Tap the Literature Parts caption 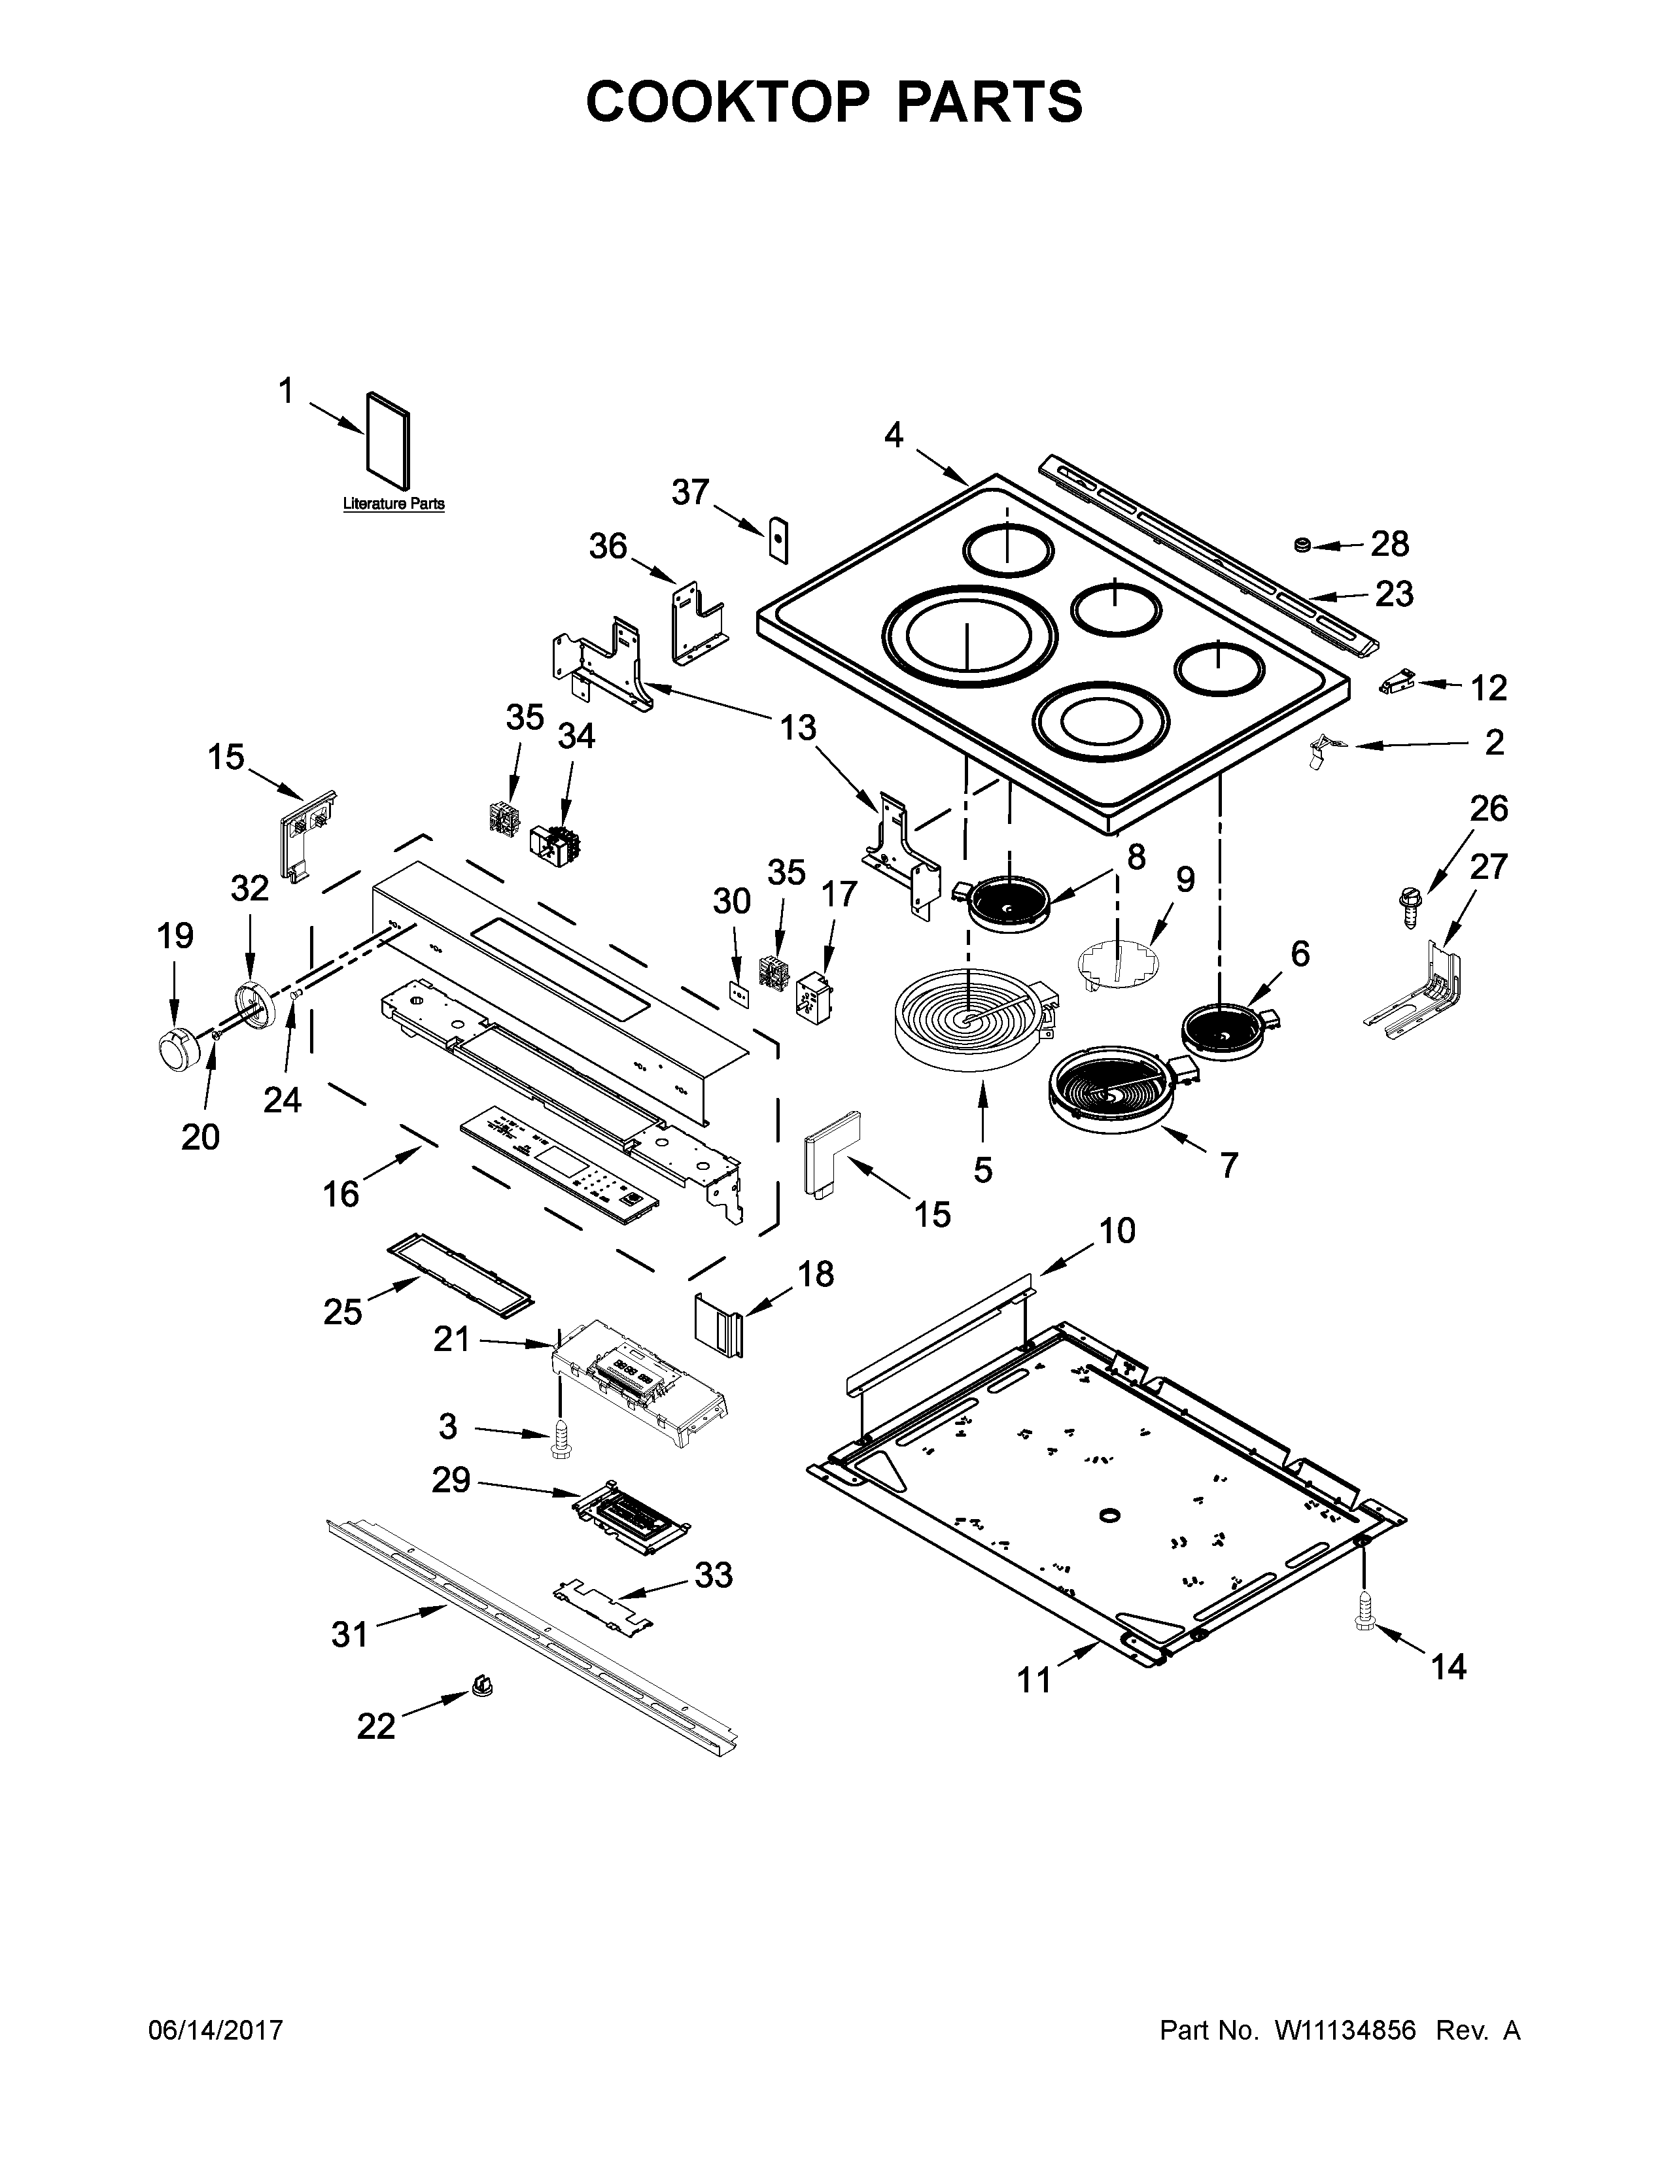coord(393,504)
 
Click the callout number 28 coord(1389,543)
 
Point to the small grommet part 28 coord(1302,545)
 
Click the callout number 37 coord(691,491)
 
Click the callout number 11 coord(1035,1679)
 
